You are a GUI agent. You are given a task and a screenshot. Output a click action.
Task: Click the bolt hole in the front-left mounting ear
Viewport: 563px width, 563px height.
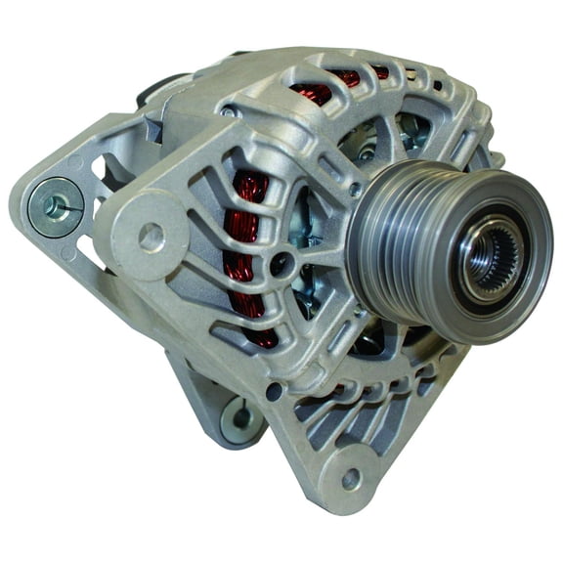[x=152, y=235]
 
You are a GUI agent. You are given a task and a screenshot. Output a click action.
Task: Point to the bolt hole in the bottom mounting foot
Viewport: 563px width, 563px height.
[x=350, y=479]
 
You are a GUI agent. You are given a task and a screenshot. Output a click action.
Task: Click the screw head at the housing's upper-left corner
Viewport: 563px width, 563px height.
[x=227, y=112]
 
